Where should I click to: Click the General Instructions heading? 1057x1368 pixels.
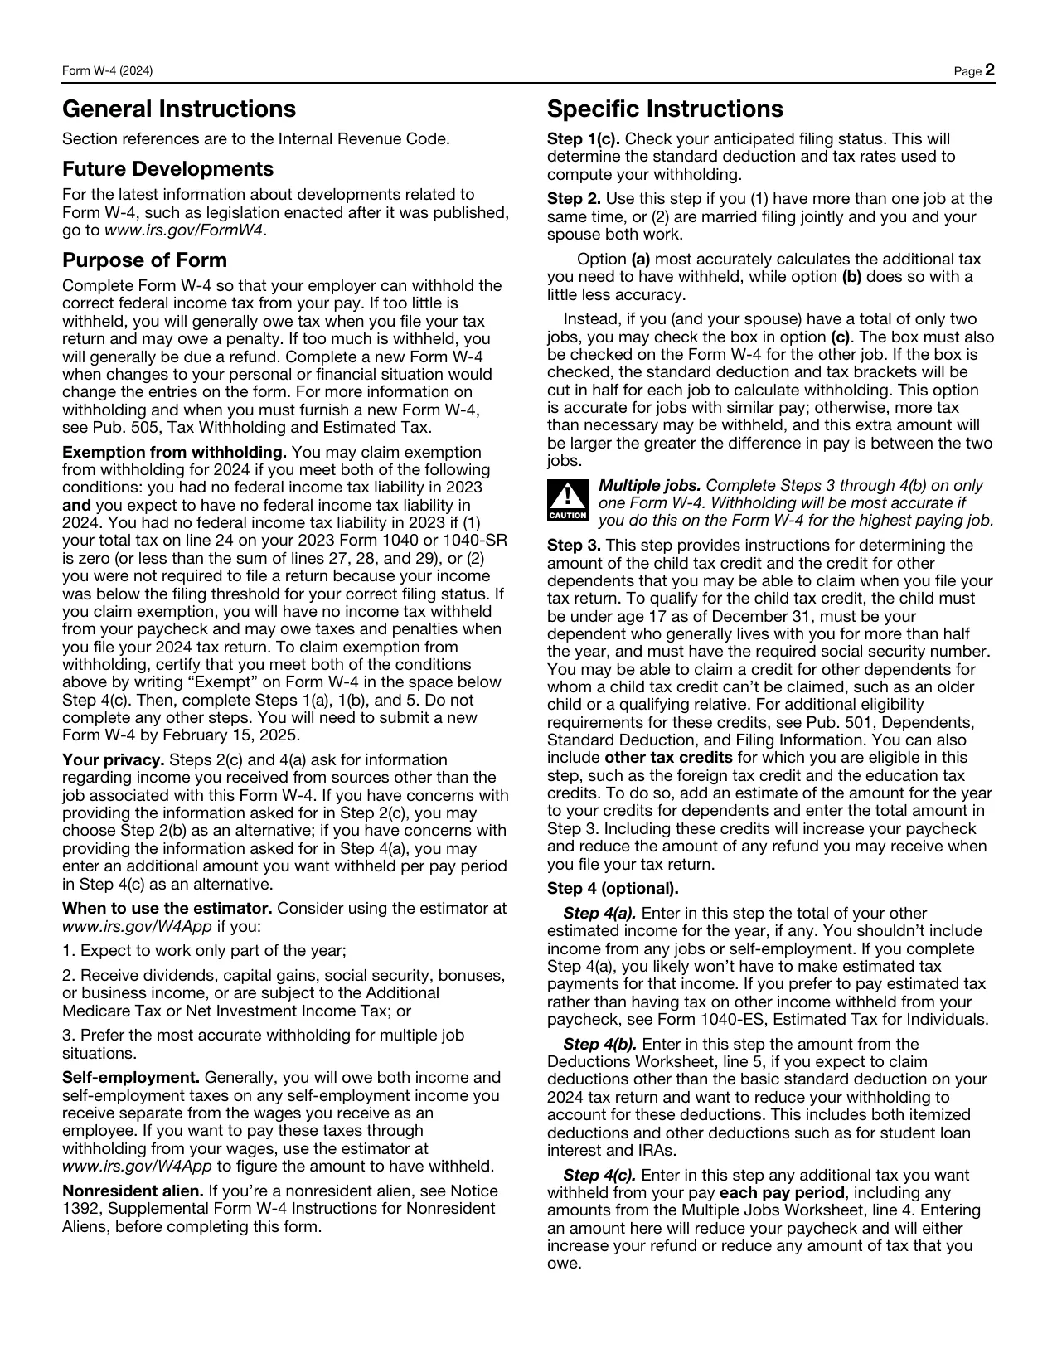click(178, 109)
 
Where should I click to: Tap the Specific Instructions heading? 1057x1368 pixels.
click(665, 109)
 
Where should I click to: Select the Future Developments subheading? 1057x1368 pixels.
click(167, 169)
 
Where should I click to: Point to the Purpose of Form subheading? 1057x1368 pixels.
click(144, 260)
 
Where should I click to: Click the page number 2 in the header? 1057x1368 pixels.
click(989, 71)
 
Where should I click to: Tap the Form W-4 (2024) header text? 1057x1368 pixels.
click(108, 72)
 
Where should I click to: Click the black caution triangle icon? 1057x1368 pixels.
click(567, 499)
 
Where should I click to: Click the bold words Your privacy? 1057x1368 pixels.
click(114, 760)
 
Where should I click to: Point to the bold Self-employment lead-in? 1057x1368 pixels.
click(131, 1078)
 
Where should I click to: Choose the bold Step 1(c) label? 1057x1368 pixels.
click(584, 139)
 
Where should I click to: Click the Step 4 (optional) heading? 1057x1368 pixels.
click(613, 889)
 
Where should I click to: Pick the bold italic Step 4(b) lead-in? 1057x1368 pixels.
click(599, 1045)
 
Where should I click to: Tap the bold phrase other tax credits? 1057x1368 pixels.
click(668, 758)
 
